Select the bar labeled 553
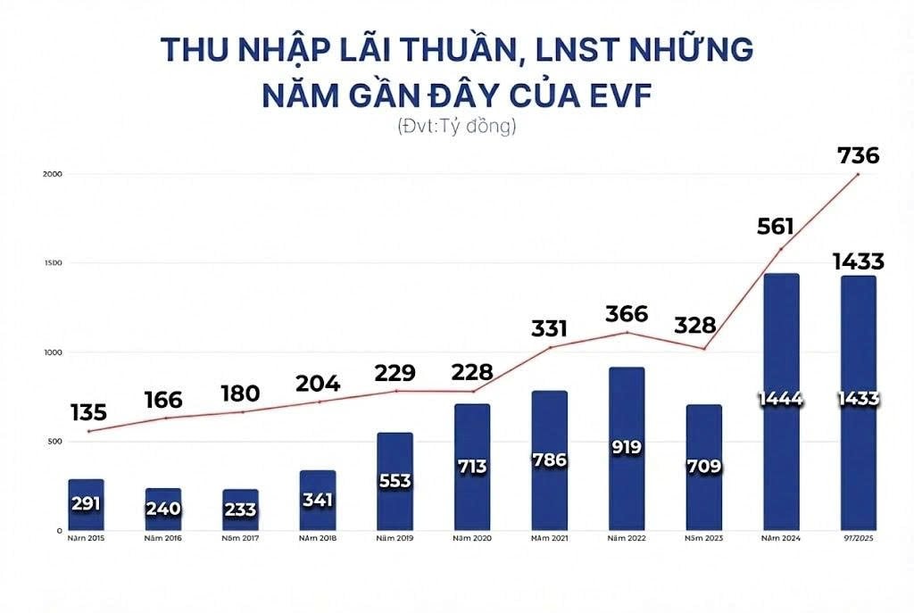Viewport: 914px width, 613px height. (395, 482)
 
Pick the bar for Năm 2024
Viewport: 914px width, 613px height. (780, 402)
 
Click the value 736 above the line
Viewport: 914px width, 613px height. (859, 156)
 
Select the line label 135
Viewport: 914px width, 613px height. (87, 412)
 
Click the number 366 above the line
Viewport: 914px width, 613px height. (627, 314)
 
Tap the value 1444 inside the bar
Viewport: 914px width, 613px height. (780, 399)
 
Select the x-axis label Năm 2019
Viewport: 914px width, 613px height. (395, 538)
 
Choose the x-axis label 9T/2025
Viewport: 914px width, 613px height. (859, 538)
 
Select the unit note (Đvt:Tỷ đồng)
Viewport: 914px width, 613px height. (457, 127)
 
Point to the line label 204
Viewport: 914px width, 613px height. (318, 384)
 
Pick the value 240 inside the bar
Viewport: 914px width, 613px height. (163, 509)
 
